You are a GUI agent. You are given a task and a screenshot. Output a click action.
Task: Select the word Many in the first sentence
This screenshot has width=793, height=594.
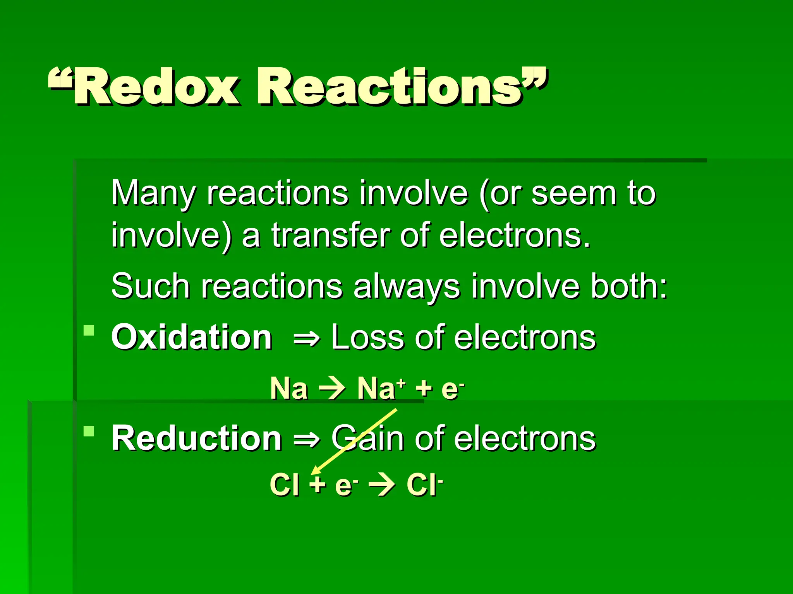point(153,193)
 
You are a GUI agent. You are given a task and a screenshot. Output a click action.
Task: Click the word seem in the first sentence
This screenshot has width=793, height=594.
point(573,193)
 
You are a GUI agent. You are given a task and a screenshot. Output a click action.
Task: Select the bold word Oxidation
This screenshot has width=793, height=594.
point(192,337)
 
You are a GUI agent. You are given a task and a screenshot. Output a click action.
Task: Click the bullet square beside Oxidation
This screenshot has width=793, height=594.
point(89,331)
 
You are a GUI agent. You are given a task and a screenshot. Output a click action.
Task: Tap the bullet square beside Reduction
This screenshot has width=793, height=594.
point(89,431)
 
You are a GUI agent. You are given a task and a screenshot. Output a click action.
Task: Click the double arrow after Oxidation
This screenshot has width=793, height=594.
point(307,339)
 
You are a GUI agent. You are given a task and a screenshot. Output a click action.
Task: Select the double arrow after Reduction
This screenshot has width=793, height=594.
point(307,440)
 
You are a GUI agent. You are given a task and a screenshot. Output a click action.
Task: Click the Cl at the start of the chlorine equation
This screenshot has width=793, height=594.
point(284,484)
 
